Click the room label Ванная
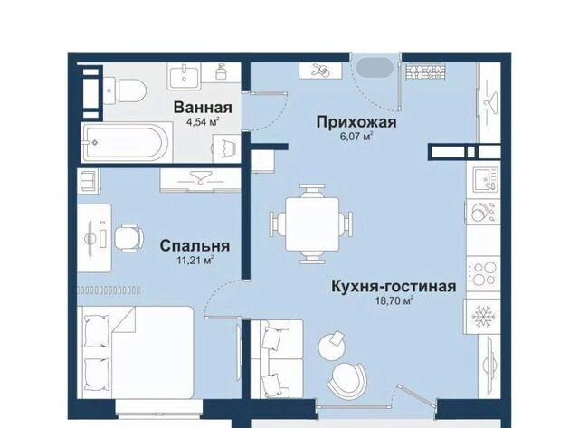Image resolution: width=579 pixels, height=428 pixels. click(203, 108)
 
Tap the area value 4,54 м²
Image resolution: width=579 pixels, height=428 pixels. click(203, 122)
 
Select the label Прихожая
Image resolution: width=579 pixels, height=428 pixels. click(356, 122)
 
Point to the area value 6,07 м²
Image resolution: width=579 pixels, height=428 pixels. click(356, 137)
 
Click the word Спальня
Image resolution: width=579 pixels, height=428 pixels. click(195, 245)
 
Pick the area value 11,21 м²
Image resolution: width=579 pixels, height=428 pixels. click(195, 261)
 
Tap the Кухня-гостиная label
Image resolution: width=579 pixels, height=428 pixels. click(394, 286)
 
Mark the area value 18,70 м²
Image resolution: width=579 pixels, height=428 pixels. click(394, 301)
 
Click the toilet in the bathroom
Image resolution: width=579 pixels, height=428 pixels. click(125, 90)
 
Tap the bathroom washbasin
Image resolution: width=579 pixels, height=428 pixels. click(184, 76)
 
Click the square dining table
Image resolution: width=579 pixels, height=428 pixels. click(312, 224)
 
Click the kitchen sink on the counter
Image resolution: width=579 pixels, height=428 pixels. click(485, 179)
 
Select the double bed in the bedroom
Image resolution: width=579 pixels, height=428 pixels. click(136, 352)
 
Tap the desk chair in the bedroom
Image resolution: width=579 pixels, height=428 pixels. click(128, 238)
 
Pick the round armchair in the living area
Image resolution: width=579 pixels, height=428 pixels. click(346, 379)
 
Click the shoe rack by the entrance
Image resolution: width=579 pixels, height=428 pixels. click(425, 72)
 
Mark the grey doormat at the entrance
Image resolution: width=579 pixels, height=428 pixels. click(375, 67)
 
